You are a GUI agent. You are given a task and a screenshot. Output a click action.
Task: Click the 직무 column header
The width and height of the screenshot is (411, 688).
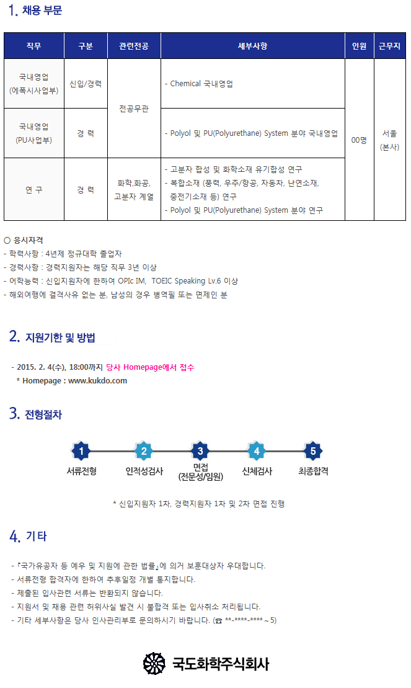[33, 46]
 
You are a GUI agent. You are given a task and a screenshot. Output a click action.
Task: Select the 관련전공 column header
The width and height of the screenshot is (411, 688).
[134, 46]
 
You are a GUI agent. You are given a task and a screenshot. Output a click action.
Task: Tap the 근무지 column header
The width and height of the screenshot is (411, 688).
[389, 46]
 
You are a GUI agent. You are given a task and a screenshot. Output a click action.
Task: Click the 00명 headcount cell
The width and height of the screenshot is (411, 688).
[360, 140]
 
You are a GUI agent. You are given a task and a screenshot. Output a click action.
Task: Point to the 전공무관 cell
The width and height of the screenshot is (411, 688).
[134, 109]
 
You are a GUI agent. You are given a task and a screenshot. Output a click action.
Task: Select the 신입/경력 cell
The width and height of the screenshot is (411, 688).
[86, 83]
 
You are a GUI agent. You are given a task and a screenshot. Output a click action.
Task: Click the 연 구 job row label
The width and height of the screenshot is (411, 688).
[33, 190]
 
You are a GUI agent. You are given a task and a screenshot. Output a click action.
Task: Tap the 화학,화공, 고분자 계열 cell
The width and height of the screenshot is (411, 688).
[134, 190]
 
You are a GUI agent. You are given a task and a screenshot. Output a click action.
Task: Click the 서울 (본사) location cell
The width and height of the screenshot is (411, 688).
[389, 140]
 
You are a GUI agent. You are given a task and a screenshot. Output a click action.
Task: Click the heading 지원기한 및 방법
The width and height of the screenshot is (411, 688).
[60, 337]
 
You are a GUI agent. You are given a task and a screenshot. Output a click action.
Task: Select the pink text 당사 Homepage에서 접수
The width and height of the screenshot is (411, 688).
[150, 367]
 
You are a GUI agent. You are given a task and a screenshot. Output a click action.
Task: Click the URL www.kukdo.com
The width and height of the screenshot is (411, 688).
[97, 381]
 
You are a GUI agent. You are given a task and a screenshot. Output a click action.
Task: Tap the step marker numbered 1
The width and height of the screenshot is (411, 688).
[81, 451]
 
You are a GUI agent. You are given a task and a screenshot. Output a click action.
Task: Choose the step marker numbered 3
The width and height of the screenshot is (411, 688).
[200, 451]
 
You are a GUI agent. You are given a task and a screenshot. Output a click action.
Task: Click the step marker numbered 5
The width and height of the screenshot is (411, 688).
[313, 451]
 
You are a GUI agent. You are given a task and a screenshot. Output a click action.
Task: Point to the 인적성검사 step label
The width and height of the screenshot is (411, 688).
[144, 471]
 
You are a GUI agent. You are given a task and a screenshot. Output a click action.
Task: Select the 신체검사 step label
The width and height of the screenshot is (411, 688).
[257, 471]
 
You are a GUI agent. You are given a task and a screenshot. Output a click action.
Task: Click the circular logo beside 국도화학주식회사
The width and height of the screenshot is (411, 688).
[154, 663]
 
